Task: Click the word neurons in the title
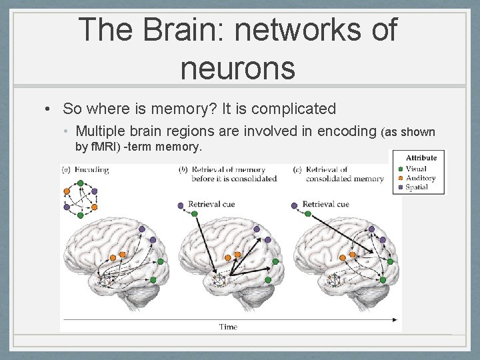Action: click(x=237, y=67)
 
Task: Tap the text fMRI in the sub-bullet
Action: click(x=103, y=146)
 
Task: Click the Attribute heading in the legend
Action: click(x=420, y=158)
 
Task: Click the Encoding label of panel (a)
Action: click(x=92, y=170)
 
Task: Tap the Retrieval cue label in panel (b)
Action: click(x=211, y=203)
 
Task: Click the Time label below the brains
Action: click(x=228, y=327)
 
